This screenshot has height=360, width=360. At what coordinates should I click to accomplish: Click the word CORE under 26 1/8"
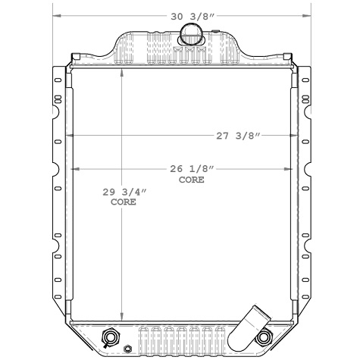coord(191,180)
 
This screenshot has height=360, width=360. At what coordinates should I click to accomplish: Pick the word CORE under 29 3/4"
coord(124,203)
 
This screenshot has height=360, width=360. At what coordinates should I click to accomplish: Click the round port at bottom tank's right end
coord(264,337)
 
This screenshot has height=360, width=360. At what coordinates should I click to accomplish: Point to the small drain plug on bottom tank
coord(127,349)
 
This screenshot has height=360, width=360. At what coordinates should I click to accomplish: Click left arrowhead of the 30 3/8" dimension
coord(56,15)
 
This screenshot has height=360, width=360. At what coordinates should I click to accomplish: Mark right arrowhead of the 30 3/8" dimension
coord(306,15)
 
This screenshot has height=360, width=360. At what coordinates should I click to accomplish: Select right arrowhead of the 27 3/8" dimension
coord(295,136)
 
